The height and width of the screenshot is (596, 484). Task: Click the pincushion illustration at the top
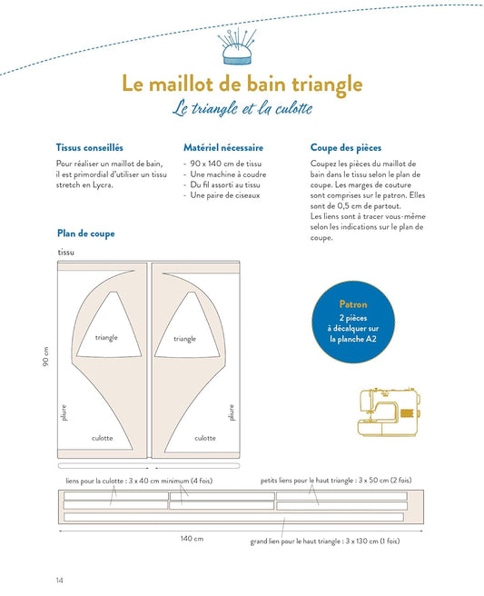tap(237, 46)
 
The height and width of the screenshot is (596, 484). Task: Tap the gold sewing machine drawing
tap(389, 412)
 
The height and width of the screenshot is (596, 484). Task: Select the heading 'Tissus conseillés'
tap(90, 147)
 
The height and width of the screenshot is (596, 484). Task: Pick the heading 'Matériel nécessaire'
tap(223, 147)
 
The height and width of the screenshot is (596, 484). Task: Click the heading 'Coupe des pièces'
tap(346, 148)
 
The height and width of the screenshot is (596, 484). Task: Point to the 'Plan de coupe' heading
tap(86, 233)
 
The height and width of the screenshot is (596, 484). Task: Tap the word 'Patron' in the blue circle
tap(353, 304)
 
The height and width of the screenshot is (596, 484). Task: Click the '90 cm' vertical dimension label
tap(45, 356)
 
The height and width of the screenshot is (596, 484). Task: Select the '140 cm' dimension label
tap(192, 538)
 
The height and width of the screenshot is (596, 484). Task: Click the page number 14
tap(60, 580)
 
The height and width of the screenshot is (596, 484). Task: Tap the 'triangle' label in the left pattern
tap(106, 338)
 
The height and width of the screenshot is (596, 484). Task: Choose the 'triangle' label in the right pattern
tap(185, 339)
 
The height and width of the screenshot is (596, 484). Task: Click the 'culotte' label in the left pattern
tap(103, 438)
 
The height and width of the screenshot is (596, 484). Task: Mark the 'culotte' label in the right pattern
tap(205, 438)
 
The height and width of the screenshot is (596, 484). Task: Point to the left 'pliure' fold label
tap(64, 412)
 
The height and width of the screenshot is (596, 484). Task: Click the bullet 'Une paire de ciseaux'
tap(225, 195)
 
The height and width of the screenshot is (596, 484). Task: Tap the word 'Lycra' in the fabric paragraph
tap(103, 185)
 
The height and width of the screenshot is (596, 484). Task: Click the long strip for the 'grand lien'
tap(233, 517)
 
